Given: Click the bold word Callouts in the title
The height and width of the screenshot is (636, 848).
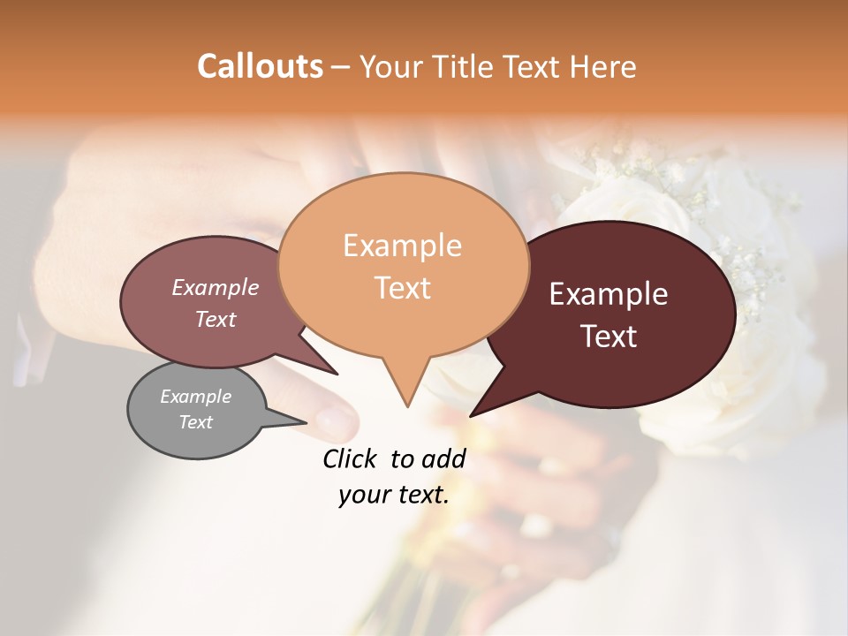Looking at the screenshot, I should pyautogui.click(x=260, y=66).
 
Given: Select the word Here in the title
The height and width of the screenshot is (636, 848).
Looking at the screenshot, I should pyautogui.click(x=603, y=66).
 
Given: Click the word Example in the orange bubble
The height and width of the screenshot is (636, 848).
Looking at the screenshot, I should pyautogui.click(x=402, y=246).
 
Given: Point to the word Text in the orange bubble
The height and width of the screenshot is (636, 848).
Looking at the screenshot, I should pyautogui.click(x=402, y=288).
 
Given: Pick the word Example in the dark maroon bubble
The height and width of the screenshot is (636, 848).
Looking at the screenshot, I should pyautogui.click(x=609, y=294).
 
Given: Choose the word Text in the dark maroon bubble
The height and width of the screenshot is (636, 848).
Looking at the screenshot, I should pyautogui.click(x=609, y=337).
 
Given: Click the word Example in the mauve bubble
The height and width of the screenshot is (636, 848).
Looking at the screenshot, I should pyautogui.click(x=216, y=287).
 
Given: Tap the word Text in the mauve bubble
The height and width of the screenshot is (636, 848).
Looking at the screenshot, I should pyautogui.click(x=216, y=319).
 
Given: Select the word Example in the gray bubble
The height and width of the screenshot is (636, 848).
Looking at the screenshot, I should pyautogui.click(x=195, y=396).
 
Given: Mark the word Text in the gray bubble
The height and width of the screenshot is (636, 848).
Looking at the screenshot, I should pyautogui.click(x=195, y=422).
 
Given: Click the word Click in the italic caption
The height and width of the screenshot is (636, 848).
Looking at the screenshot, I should pyautogui.click(x=352, y=458).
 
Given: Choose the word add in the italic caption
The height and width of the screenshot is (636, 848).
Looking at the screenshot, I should pyautogui.click(x=444, y=458).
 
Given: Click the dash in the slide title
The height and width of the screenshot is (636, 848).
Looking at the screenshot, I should pyautogui.click(x=342, y=66).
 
